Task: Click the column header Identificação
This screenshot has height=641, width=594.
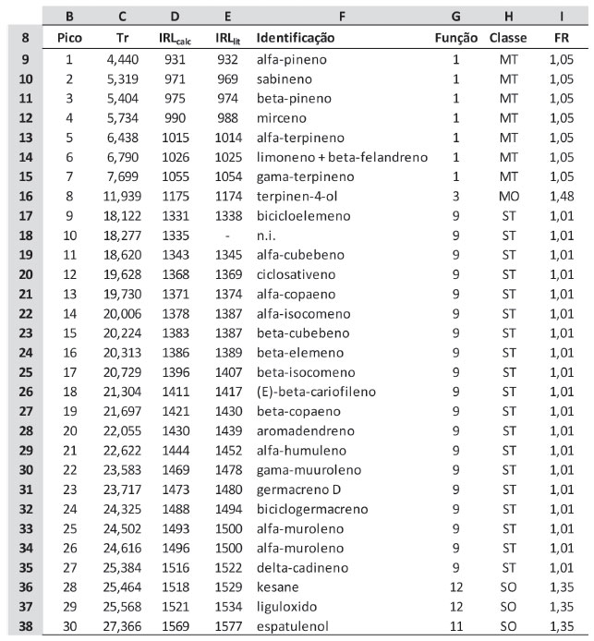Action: tap(296, 39)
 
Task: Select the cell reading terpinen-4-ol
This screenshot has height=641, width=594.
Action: tap(291, 196)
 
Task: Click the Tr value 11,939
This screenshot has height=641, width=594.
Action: tap(123, 196)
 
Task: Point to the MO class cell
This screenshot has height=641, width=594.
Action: tap(507, 196)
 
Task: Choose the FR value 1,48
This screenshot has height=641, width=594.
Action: tap(561, 196)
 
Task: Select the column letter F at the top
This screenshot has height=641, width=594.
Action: tap(342, 16)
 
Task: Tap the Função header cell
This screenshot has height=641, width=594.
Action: tap(455, 39)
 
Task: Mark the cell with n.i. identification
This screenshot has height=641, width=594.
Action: tap(266, 236)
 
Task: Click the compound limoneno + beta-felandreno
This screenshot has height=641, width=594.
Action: tap(342, 157)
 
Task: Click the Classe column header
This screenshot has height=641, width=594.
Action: tap(507, 39)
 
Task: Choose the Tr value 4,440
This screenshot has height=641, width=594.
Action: tap(123, 59)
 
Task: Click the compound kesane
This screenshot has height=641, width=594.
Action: tap(275, 586)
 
